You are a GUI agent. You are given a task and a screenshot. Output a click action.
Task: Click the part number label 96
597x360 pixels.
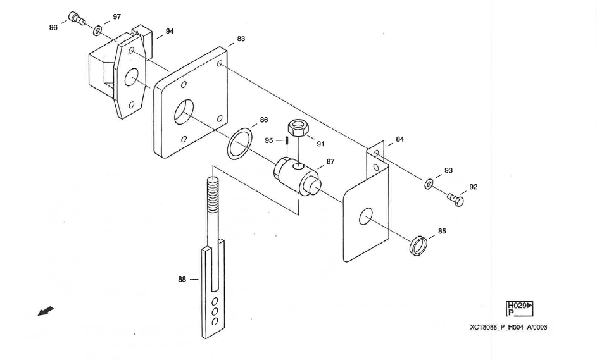(53, 28)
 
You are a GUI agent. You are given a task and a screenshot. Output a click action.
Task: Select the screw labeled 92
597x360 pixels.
(456, 200)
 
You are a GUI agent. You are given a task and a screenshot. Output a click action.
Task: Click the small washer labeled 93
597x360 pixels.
(429, 184)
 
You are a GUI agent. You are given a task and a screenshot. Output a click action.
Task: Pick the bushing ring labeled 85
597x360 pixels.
(417, 244)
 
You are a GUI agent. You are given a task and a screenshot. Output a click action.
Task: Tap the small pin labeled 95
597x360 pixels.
(286, 141)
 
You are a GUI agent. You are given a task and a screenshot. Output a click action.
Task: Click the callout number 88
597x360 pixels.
(182, 280)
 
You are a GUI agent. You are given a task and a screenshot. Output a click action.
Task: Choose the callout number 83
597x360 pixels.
(241, 39)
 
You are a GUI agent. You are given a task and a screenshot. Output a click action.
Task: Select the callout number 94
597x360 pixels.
(170, 31)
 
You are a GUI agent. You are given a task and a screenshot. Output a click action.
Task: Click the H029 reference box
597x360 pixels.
(520, 309)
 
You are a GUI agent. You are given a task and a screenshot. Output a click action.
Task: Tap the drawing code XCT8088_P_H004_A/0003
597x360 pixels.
(509, 327)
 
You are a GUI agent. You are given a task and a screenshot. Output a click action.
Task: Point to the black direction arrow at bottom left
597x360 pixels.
(46, 311)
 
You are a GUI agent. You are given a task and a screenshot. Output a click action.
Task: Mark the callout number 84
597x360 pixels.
(399, 139)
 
